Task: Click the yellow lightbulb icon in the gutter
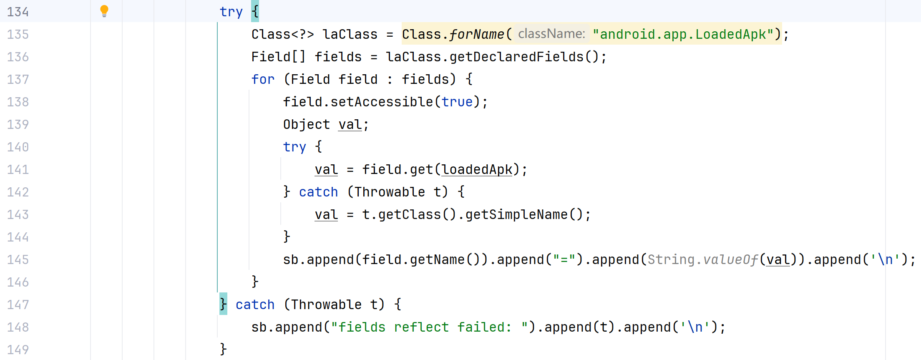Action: point(104,11)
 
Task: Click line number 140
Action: point(18,147)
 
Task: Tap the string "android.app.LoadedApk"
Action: point(683,34)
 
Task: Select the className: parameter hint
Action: point(551,34)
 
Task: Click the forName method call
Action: point(477,34)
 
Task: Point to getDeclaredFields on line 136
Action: point(517,57)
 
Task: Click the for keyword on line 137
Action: point(263,79)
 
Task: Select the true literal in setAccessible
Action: point(457,102)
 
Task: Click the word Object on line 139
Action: point(306,124)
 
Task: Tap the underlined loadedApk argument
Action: point(477,169)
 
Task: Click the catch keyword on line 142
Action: point(318,192)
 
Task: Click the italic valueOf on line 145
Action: point(730,259)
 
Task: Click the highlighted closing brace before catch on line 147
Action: point(223,304)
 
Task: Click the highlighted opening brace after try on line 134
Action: point(255,11)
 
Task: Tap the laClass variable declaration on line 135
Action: point(350,34)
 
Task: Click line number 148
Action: point(18,327)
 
